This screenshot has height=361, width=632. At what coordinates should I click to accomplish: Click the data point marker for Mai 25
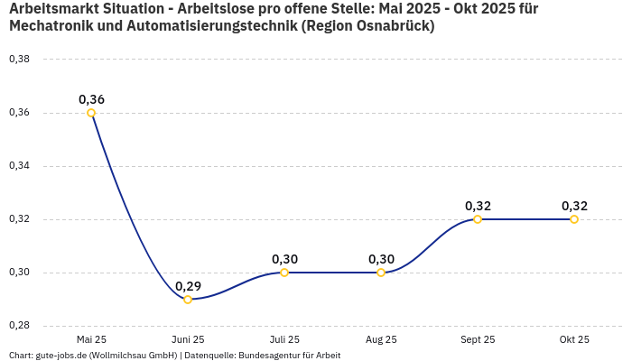coord(91,113)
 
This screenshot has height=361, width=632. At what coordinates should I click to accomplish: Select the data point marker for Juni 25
coord(188,299)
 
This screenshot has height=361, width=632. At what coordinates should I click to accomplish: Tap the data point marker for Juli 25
coord(284,273)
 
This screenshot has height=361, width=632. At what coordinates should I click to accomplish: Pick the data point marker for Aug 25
coord(381,273)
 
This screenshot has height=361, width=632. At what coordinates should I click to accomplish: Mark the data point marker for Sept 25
coord(478,219)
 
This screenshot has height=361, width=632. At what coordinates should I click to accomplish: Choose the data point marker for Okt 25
coord(574,219)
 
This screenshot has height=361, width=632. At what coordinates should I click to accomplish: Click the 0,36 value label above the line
coord(91,99)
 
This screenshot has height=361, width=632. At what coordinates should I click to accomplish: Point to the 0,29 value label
coord(188,286)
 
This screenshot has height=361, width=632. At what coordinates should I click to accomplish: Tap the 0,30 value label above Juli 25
coord(284,259)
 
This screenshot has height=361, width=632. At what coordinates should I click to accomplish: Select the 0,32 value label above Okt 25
coord(574,206)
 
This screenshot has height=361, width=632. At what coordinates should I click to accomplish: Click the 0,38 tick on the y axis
coord(19,60)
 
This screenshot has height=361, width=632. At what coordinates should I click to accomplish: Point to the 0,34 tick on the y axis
coord(19,166)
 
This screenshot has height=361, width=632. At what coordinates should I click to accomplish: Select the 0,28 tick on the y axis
coord(19,326)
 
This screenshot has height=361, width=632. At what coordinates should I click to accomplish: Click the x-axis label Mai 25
coord(91,339)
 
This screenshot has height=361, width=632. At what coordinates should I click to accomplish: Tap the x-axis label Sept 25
coord(478,339)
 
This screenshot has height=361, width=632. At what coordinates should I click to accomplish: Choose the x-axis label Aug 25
coord(381,339)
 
